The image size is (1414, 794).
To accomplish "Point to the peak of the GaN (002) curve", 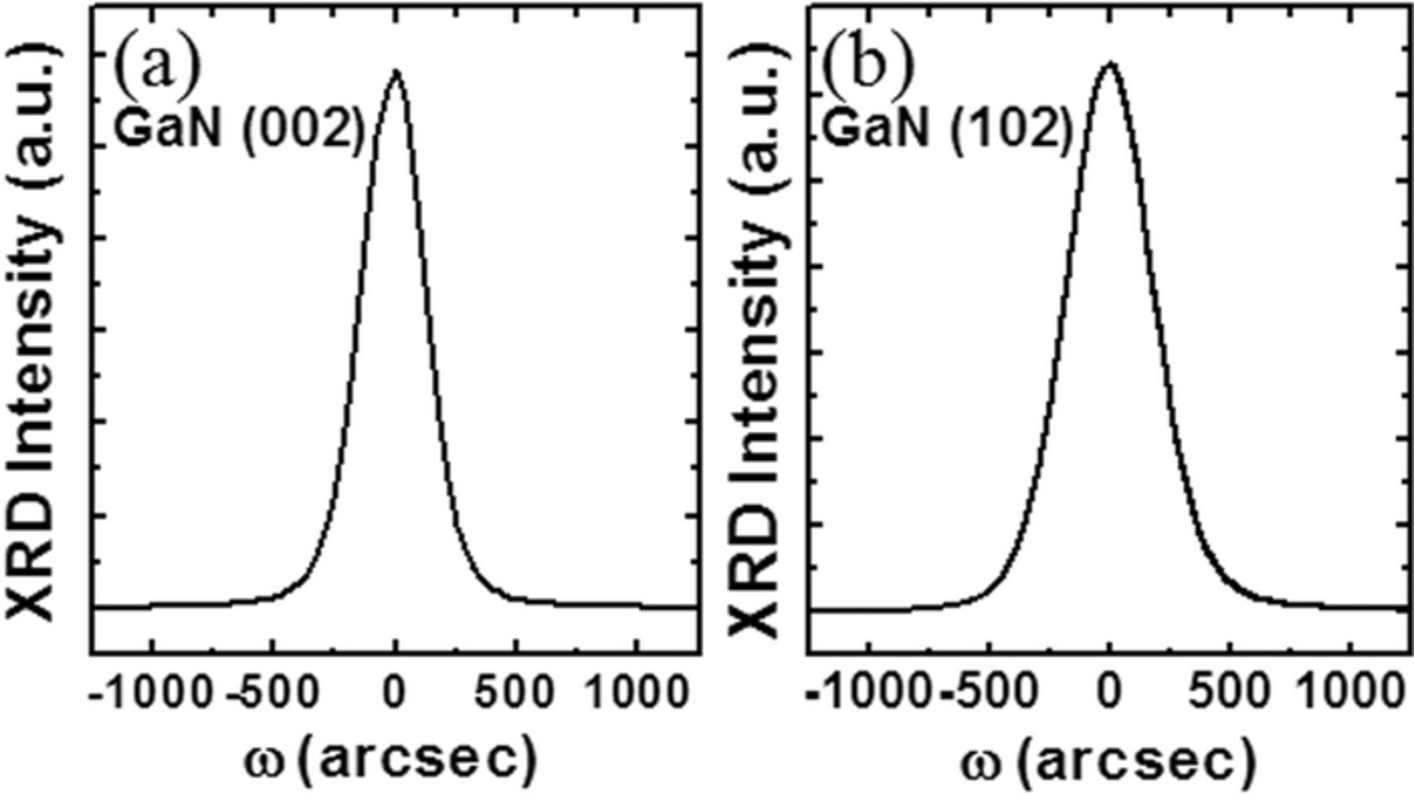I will (397, 71).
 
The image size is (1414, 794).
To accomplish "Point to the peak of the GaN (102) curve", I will (1110, 62).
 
